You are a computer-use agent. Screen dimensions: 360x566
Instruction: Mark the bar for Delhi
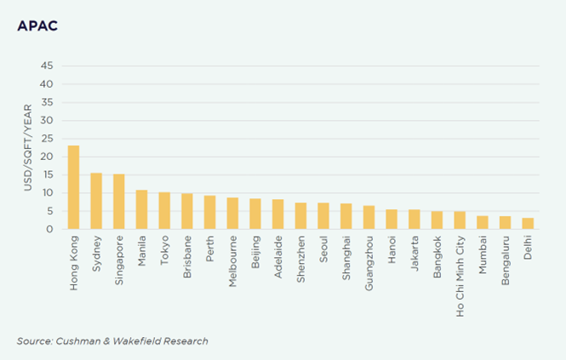(528, 224)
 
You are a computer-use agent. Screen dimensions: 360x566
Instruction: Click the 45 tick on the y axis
(48, 66)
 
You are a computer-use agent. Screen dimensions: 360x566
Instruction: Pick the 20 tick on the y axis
(48, 157)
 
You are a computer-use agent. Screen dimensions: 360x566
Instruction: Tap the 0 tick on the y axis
(51, 229)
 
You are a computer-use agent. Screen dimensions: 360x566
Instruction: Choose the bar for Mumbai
(483, 222)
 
